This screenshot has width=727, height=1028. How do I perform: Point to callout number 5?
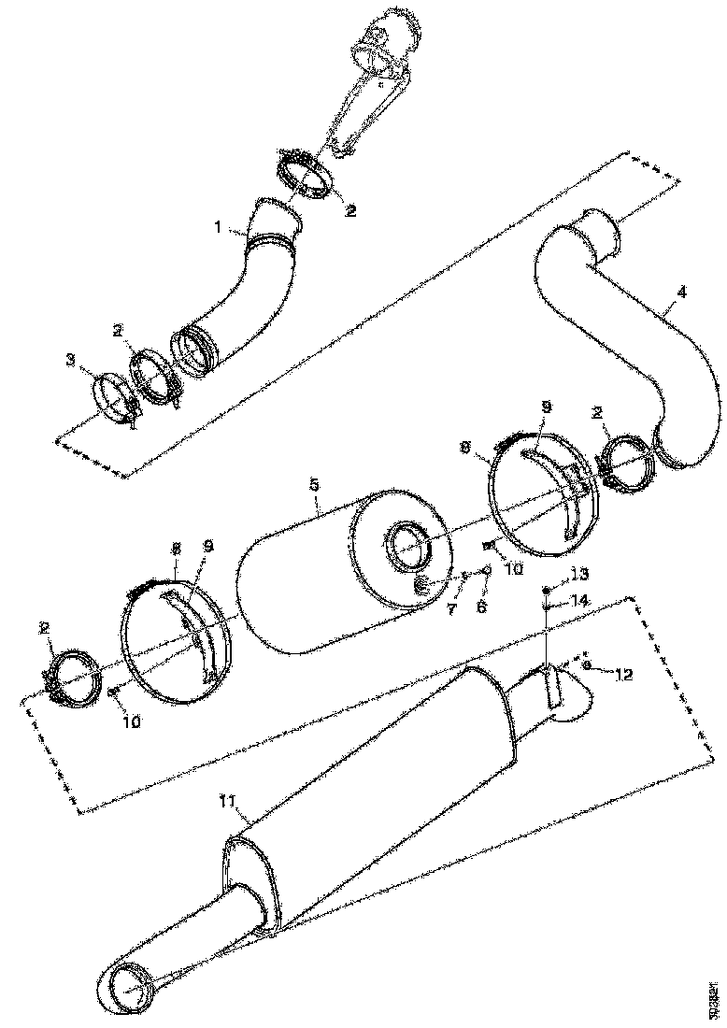pyautogui.click(x=314, y=485)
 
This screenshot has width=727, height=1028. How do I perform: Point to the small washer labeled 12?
pyautogui.click(x=586, y=664)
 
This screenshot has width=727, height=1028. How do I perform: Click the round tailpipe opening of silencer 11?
pyautogui.click(x=128, y=981)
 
